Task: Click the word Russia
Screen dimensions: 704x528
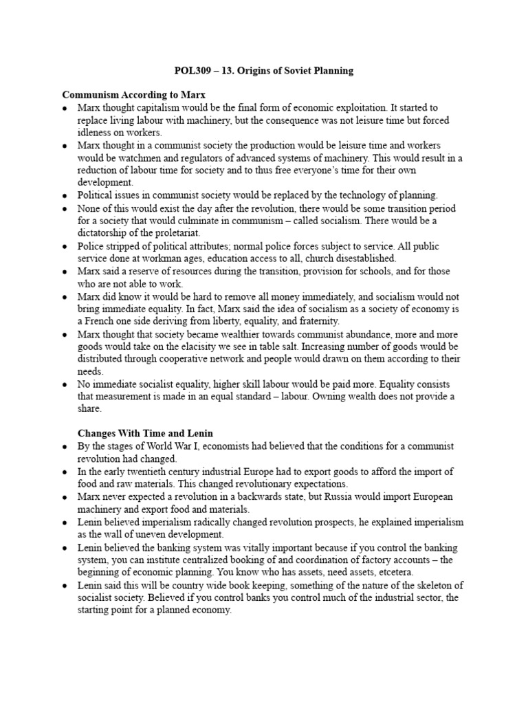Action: pyautogui.click(x=341, y=496)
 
